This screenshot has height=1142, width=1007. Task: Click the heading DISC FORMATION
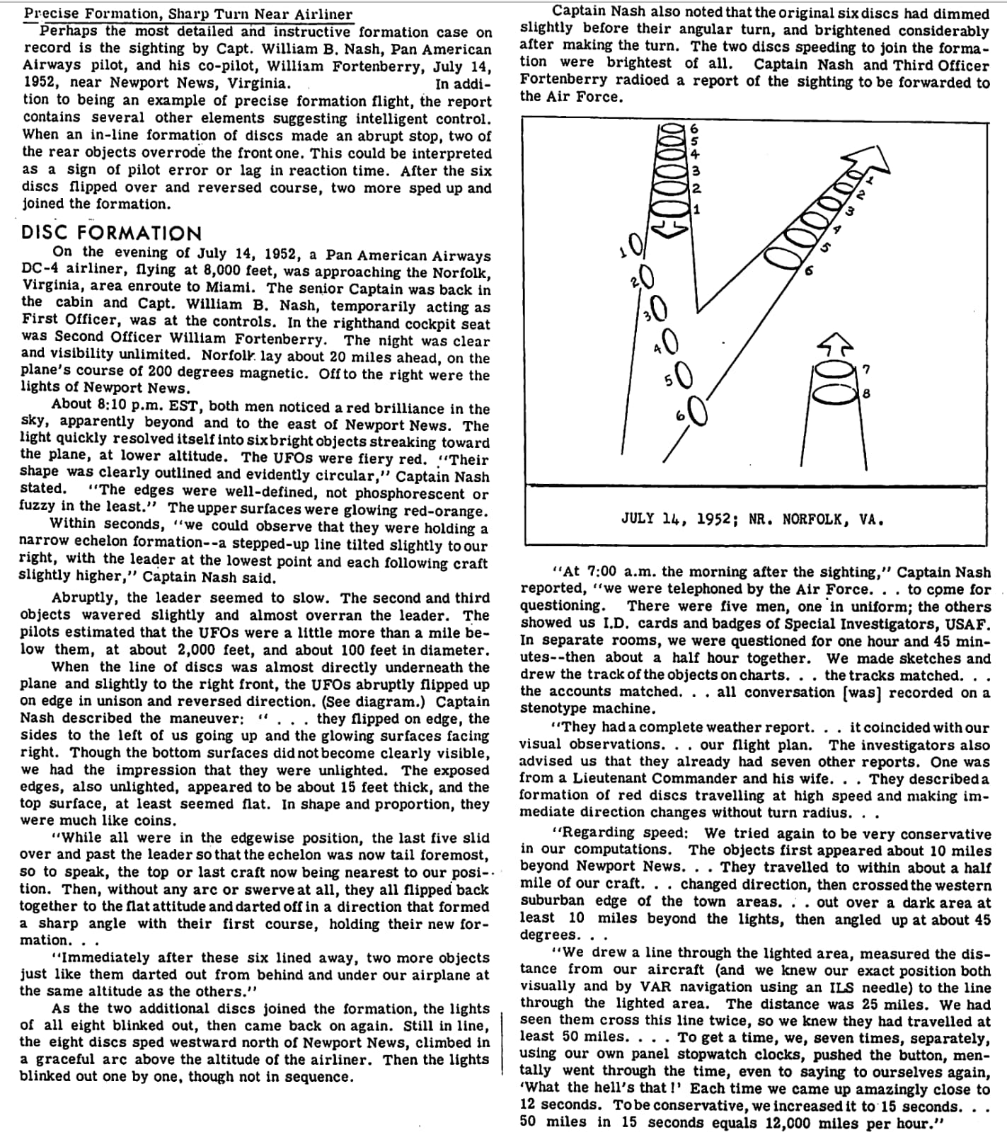[112, 233]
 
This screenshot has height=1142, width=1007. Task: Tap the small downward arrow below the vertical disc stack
[668, 227]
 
